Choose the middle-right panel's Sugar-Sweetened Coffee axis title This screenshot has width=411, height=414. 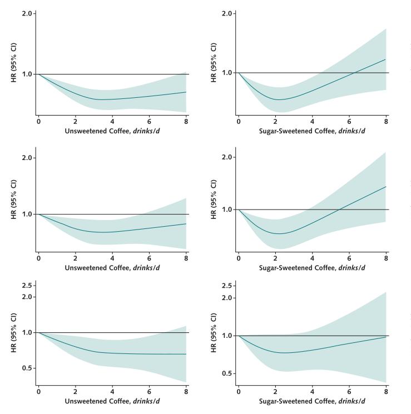(x=313, y=268)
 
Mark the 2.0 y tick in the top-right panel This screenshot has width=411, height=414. (x=226, y=13)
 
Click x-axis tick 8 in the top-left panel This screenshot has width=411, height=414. (x=186, y=120)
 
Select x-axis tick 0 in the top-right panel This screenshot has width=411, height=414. (x=239, y=120)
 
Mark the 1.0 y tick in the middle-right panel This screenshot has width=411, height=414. (x=226, y=210)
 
